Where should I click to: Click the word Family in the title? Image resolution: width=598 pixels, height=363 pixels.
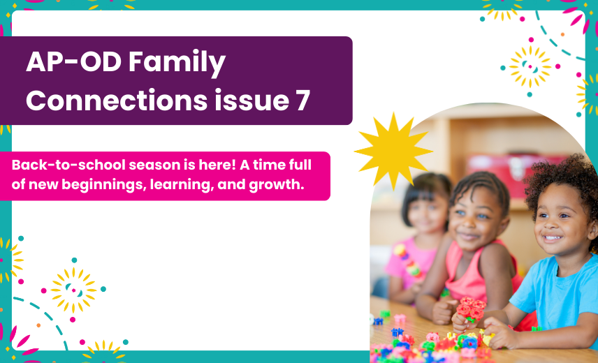177,63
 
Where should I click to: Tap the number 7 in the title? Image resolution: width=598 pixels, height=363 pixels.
302,101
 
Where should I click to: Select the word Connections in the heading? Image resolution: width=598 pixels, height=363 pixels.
117,101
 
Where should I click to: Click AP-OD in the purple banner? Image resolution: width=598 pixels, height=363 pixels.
73,61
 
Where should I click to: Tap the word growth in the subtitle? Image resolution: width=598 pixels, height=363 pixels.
277,185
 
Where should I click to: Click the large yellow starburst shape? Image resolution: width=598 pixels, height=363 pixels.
393,151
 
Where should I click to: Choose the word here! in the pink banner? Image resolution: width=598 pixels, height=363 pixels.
217,165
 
